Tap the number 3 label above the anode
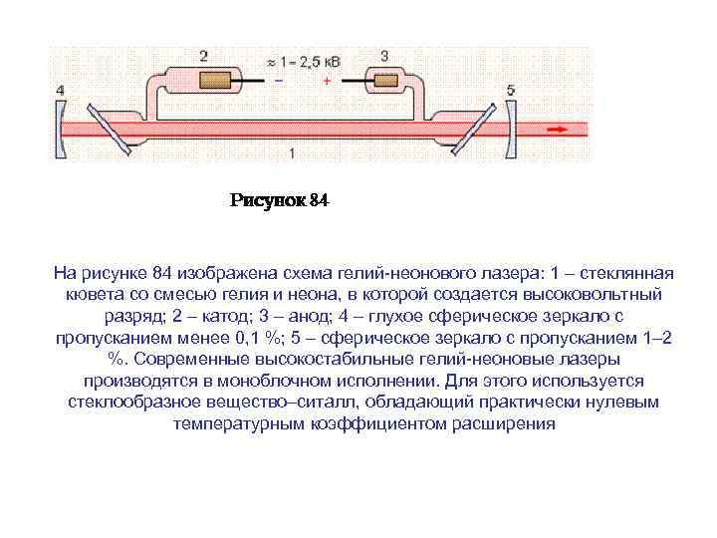coord(385,56)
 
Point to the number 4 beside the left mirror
coord(61,91)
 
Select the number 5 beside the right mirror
coord(511,91)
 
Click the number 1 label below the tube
coord(291,152)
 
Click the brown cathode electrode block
coord(214,78)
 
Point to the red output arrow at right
coord(558,127)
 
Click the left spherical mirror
coord(65,127)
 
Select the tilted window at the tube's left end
coord(113,127)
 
